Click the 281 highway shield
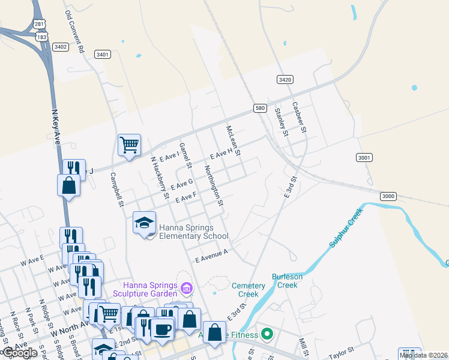pyautogui.click(x=40, y=23)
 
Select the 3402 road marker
pyautogui.click(x=60, y=46)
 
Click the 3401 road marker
pyautogui.click(x=103, y=55)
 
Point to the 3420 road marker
pyautogui.click(x=285, y=79)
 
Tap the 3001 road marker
pyautogui.click(x=364, y=157)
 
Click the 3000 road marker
pyautogui.click(x=388, y=196)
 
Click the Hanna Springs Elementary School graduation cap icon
pyautogui.click(x=145, y=223)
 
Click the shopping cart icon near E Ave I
pyautogui.click(x=129, y=145)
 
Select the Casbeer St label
pyautogui.click(x=300, y=117)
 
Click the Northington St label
pyautogui.click(x=214, y=186)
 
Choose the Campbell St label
pyautogui.click(x=116, y=190)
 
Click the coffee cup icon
pyautogui.click(x=161, y=328)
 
